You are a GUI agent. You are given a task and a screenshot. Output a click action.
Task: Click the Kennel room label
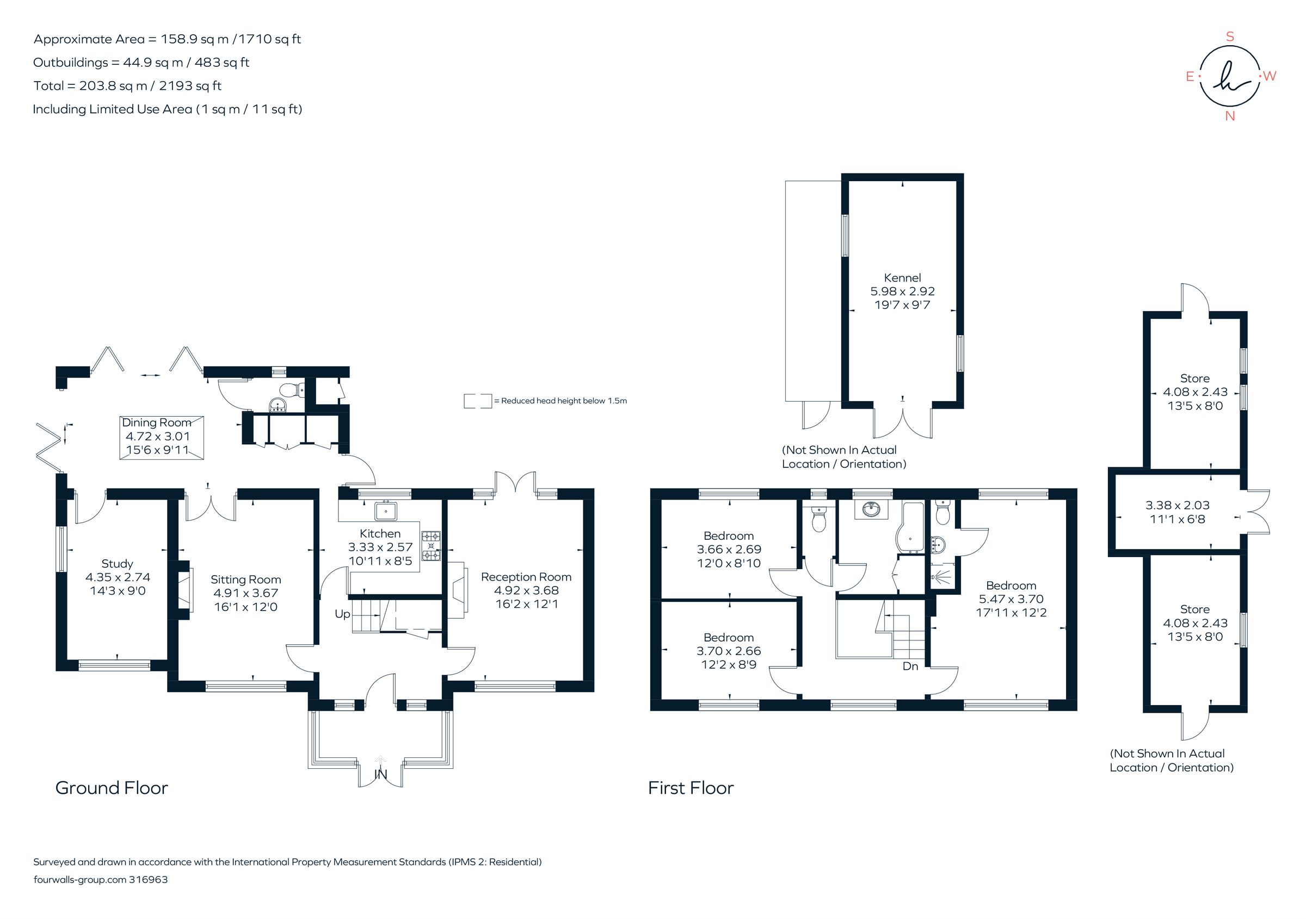(x=902, y=278)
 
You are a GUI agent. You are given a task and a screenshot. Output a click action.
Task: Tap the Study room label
(x=117, y=564)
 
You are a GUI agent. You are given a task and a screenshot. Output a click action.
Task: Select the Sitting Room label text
(x=246, y=579)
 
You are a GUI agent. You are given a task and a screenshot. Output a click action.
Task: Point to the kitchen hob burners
(x=430, y=545)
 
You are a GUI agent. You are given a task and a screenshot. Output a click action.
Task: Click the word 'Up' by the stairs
(x=342, y=614)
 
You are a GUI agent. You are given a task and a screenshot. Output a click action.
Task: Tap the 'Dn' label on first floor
(x=910, y=666)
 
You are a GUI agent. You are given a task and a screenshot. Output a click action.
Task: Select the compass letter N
(x=1230, y=116)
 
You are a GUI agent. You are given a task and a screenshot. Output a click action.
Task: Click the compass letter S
(x=1230, y=37)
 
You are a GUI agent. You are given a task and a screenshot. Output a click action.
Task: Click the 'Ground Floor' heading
(x=112, y=788)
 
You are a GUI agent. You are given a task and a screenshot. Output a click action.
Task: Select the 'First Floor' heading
(x=691, y=788)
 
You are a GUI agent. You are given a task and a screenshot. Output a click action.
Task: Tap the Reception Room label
(x=526, y=577)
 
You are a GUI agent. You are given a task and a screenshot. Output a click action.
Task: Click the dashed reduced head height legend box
(x=477, y=401)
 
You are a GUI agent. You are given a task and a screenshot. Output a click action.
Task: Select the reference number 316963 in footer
(x=149, y=880)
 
